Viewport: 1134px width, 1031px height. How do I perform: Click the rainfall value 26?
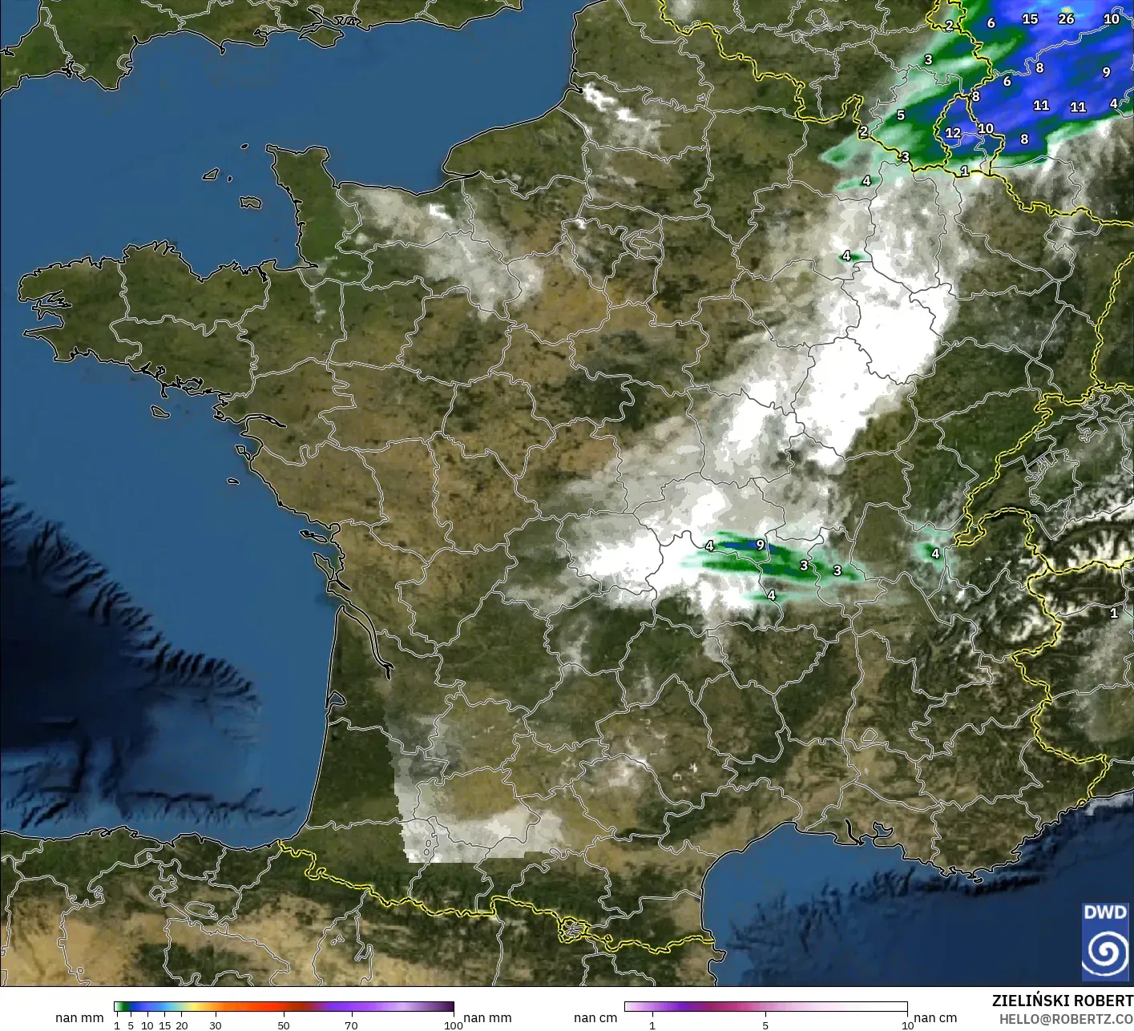(1066, 18)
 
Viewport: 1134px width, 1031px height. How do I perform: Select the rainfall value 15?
(1030, 19)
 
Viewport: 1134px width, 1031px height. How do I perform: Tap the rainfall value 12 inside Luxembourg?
(953, 133)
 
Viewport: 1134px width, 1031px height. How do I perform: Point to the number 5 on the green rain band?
(901, 115)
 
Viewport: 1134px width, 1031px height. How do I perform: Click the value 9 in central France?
(760, 545)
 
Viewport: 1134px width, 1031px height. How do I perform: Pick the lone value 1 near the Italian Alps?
(1113, 614)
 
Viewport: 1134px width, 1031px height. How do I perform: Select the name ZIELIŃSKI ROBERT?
(1062, 1001)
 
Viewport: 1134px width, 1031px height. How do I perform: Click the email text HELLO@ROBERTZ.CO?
(1066, 1018)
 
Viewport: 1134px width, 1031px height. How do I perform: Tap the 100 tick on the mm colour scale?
(454, 1025)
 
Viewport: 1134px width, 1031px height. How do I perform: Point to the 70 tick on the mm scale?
(351, 1025)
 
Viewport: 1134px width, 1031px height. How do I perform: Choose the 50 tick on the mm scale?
(284, 1025)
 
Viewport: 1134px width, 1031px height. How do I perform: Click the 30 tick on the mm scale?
(215, 1025)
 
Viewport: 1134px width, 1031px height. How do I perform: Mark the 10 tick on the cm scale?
(907, 1025)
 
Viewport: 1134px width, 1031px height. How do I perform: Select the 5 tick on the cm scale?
(765, 1025)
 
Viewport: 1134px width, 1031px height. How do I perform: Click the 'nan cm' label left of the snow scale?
(595, 1018)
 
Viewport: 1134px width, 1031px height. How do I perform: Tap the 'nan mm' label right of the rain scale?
(487, 1018)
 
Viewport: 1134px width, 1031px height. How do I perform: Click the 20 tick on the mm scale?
(182, 1025)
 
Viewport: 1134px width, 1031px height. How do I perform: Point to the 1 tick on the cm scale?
(652, 1025)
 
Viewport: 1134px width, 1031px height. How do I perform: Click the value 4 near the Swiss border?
(934, 554)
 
